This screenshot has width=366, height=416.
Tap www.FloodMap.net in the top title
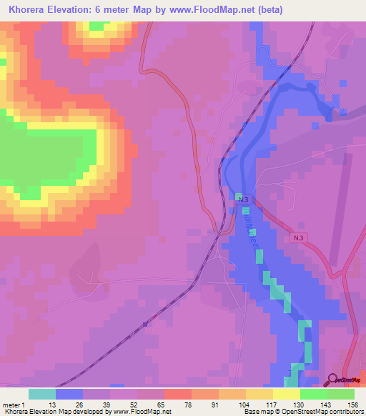(212, 10)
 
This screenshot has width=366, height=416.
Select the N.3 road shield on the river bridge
(243, 198)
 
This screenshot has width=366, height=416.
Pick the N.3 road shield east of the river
(299, 236)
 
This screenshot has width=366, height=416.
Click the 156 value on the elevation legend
(352, 405)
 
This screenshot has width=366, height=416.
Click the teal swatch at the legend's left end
(42, 394)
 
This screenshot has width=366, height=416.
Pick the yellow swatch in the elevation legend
(287, 394)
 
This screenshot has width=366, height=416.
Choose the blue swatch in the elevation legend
(69, 394)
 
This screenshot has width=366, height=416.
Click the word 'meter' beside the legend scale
(11, 405)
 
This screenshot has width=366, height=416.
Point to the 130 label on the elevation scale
(297, 405)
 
